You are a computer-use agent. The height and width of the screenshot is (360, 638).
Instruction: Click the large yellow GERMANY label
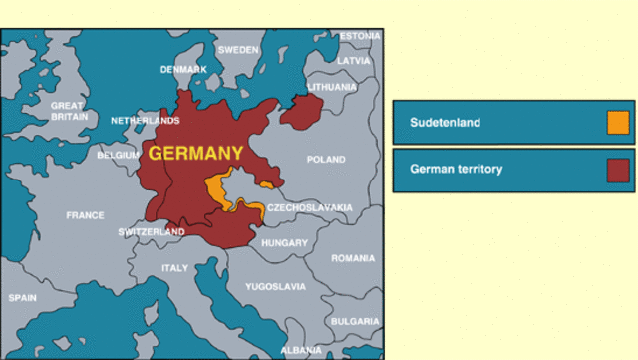(x=195, y=154)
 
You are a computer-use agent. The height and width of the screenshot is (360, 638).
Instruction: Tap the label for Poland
(x=326, y=160)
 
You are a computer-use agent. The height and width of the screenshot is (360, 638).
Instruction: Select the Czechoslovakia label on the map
(x=310, y=207)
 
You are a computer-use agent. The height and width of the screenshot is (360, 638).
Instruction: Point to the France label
(x=85, y=215)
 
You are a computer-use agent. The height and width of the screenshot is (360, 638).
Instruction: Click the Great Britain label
(x=68, y=111)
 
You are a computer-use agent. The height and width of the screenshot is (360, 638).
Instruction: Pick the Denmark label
(x=184, y=69)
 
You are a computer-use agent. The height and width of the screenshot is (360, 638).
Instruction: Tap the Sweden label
(x=238, y=49)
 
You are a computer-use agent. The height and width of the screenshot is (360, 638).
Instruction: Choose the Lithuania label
(x=332, y=87)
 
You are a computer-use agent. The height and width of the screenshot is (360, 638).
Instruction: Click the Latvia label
(x=354, y=61)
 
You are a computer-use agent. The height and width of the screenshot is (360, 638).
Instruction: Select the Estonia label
(x=360, y=36)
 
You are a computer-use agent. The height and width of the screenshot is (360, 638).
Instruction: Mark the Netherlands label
(x=145, y=121)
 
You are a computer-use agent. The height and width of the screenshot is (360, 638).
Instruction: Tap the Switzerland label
(x=152, y=232)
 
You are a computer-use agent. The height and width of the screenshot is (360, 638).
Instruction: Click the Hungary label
(x=284, y=243)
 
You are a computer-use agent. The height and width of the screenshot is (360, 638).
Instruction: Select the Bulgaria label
(x=355, y=321)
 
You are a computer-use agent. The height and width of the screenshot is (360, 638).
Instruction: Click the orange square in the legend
(x=618, y=123)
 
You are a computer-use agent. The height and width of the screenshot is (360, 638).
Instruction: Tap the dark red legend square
(x=618, y=170)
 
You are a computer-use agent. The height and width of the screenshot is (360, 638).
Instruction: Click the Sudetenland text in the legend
(x=446, y=123)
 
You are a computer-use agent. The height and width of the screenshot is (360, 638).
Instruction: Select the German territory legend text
(x=457, y=170)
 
